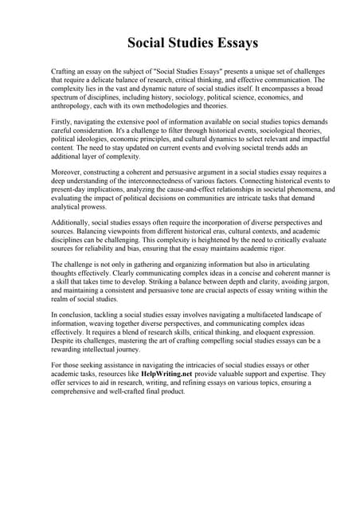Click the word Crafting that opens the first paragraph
(65, 72)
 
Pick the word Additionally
(72, 222)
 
